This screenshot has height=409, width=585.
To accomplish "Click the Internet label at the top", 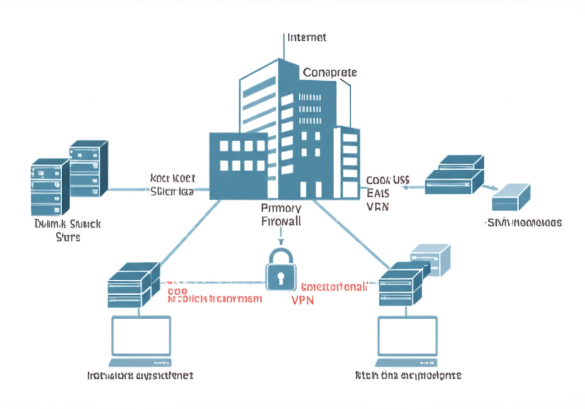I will coord(307,38).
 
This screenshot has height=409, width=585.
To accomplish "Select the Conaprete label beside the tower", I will coord(330,73).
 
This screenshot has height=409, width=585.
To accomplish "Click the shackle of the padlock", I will coord(281,256).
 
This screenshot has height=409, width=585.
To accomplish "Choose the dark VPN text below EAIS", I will coord(377,207).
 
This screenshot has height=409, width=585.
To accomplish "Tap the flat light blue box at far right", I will coord(511,197).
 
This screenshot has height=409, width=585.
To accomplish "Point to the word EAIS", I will coord(377,193).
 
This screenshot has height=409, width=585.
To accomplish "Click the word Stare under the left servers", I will coord(68,237).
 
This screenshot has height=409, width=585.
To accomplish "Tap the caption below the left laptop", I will coord(140,376).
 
